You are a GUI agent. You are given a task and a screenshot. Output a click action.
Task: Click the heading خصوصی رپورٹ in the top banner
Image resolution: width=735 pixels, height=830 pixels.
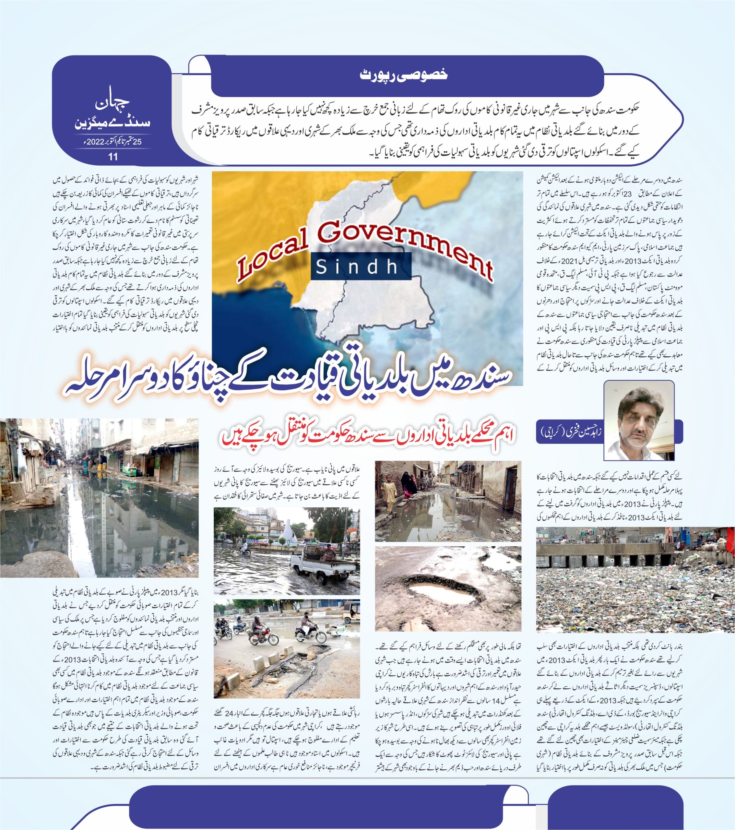tap(404, 75)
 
